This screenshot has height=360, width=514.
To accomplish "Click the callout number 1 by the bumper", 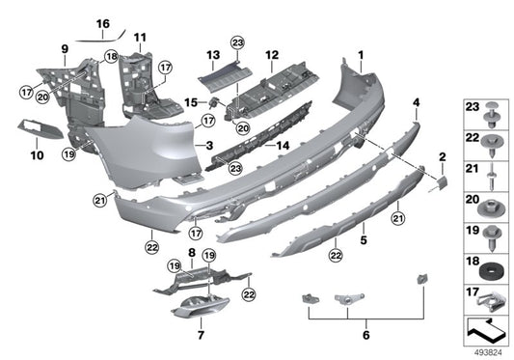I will [x=362, y=54].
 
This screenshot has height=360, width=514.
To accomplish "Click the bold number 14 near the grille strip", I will [x=284, y=148].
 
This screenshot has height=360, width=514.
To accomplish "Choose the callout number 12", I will [x=272, y=54].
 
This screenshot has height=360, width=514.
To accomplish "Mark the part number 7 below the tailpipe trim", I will [x=201, y=338].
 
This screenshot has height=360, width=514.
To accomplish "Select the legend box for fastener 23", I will [x=486, y=112].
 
